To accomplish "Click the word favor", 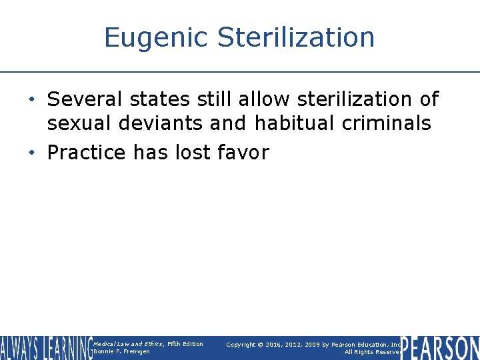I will click(243, 153).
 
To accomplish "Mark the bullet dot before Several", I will click(32, 100).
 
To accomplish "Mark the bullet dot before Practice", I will click(32, 153).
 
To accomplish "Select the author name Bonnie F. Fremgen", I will click(122, 351).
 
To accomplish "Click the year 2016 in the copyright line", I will click(275, 345).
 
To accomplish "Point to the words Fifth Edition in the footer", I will click(185, 344).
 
